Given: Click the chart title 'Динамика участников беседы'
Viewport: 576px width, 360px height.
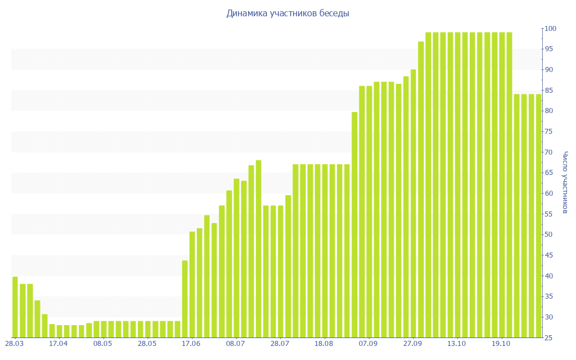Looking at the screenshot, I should (287, 13).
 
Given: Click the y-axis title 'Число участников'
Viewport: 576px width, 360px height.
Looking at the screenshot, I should (565, 182).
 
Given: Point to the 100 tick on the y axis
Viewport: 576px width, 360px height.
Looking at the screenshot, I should (550, 29).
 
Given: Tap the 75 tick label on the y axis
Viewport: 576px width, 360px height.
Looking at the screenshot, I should (550, 132).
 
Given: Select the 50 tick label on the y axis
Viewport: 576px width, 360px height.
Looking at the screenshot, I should (550, 235).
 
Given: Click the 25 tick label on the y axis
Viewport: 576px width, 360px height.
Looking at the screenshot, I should (550, 338).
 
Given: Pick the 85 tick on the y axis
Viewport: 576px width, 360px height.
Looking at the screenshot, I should (550, 91).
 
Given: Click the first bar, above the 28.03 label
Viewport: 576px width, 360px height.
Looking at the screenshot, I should (15, 307).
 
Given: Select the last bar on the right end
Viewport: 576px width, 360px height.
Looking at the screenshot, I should (538, 216).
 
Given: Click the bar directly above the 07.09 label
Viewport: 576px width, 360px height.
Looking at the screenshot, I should (369, 211).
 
